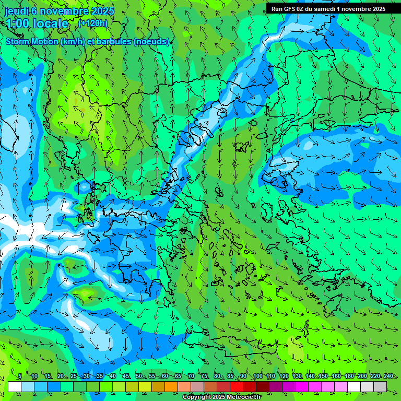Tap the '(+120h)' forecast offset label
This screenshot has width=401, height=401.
(x=92, y=23)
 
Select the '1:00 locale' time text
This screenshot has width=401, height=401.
(x=37, y=23)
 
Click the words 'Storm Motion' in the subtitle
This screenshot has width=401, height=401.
(x=32, y=42)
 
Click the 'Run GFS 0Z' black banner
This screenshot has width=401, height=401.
(x=328, y=9)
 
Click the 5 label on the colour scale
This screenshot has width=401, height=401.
(x=19, y=376)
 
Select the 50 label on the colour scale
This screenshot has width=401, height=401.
(x=138, y=376)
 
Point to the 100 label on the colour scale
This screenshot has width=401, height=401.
(x=257, y=376)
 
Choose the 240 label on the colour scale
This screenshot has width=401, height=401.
(x=388, y=376)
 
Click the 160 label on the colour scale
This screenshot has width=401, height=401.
(x=336, y=376)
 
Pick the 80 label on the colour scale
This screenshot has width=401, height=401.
(x=217, y=376)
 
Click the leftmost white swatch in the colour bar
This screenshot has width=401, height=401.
(x=15, y=386)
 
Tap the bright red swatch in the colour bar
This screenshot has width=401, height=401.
(x=237, y=386)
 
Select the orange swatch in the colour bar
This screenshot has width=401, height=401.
(x=171, y=386)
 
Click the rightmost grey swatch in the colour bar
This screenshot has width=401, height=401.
(x=380, y=386)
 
